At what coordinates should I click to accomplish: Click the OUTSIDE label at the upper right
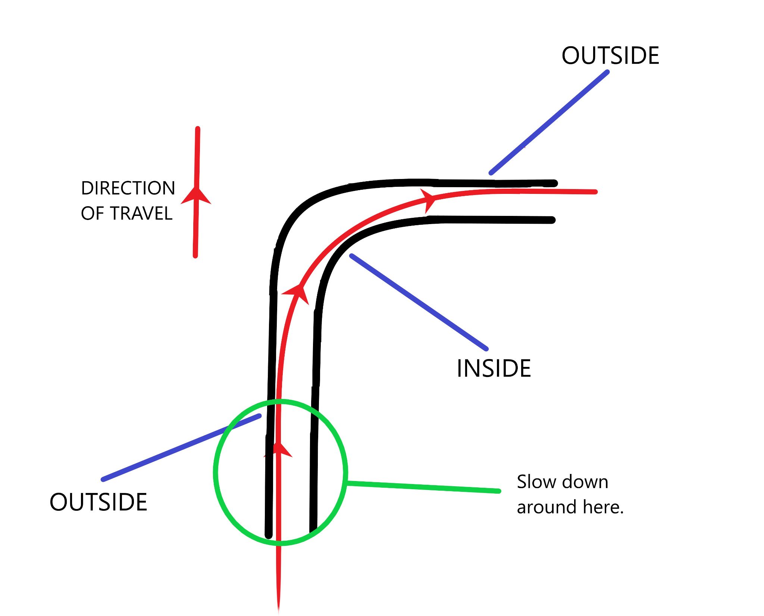point(610,56)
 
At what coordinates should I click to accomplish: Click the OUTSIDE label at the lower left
point(98,502)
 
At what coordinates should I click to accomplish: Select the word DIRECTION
point(128,188)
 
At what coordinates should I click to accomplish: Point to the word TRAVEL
point(141,214)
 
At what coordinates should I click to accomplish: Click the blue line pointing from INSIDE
point(419,302)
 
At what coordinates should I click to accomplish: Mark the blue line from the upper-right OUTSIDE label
point(549,123)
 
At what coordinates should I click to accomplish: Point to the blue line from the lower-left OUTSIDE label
point(181,447)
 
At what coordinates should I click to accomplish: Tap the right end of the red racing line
point(595,192)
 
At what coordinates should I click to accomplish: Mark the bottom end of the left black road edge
point(269,535)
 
